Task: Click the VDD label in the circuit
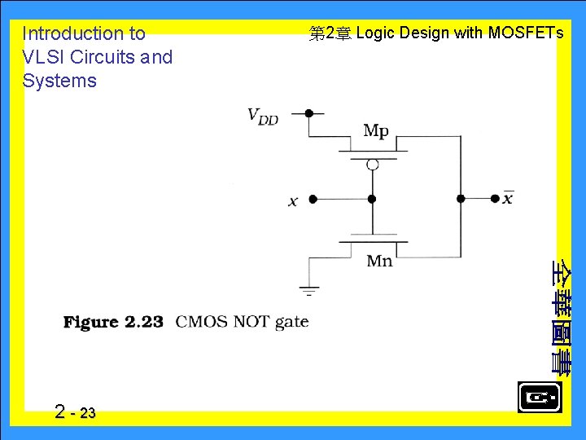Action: (x=263, y=116)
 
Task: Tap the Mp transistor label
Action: (x=376, y=130)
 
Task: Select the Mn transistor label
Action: (x=379, y=261)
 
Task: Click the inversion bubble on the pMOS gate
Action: (x=372, y=165)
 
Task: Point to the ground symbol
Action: (x=309, y=288)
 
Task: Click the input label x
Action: (x=293, y=200)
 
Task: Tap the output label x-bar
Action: (x=508, y=198)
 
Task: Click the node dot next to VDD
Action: (x=308, y=113)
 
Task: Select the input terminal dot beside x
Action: (x=313, y=198)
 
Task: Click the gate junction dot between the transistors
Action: (x=372, y=198)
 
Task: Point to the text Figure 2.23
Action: (x=114, y=322)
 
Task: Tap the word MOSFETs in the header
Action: (x=525, y=33)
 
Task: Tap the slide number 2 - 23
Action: (x=75, y=412)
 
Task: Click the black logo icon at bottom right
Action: (x=539, y=398)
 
